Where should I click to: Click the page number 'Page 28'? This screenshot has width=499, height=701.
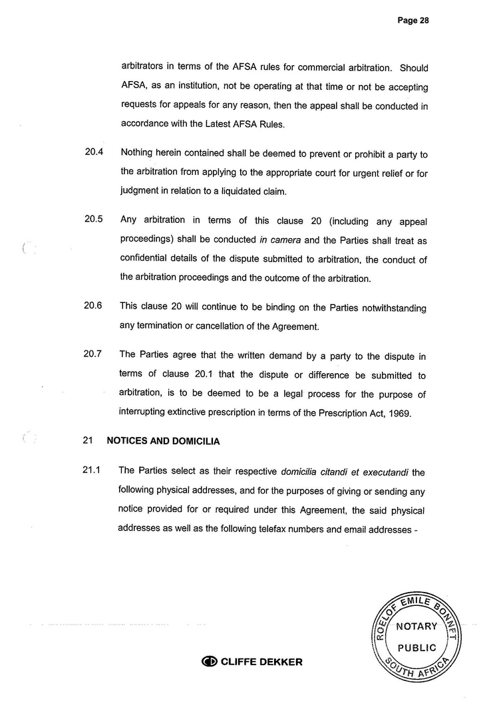413,21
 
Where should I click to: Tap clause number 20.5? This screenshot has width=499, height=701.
93,220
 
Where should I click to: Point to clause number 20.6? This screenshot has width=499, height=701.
93,307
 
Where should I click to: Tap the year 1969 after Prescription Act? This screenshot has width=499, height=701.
399,413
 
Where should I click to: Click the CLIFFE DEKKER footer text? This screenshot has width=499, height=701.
261,662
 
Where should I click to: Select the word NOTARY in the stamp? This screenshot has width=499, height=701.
417,627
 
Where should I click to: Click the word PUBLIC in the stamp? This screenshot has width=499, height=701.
417,647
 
